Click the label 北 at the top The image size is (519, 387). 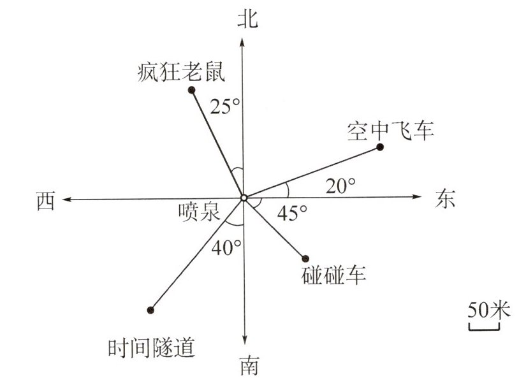pos(245,18)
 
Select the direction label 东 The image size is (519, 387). pos(446,198)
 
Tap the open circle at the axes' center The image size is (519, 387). pos(244,198)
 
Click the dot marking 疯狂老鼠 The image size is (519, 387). pos(191,89)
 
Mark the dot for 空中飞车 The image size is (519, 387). pos(380,147)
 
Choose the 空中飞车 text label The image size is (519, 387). pos(391,131)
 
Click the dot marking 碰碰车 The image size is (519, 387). pos(305,258)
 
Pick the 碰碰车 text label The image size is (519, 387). pos(333,276)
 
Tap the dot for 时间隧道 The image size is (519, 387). pos(150,310)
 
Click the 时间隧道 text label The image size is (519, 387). pos(151,348)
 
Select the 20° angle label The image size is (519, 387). pos(339,186)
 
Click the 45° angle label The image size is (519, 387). pos(292,212)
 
